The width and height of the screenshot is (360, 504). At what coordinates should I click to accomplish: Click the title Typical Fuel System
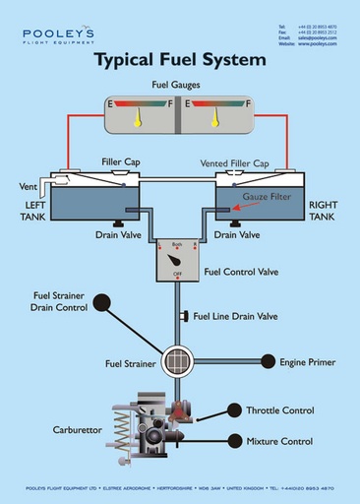pyautogui.click(x=179, y=60)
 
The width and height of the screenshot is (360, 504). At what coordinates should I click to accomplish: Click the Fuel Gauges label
pyautogui.click(x=177, y=87)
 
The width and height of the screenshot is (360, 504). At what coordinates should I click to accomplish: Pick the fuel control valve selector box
pyautogui.click(x=177, y=260)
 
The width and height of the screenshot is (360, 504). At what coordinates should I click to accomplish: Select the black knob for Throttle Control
pyautogui.click(x=234, y=410)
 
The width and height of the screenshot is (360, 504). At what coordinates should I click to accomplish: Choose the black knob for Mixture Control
pyautogui.click(x=234, y=441)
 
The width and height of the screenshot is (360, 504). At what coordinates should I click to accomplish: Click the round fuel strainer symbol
pyautogui.click(x=178, y=361)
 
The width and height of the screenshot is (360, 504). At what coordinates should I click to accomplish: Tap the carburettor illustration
pyautogui.click(x=148, y=428)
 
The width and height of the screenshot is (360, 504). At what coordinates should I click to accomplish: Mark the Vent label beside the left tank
pyautogui.click(x=28, y=186)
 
